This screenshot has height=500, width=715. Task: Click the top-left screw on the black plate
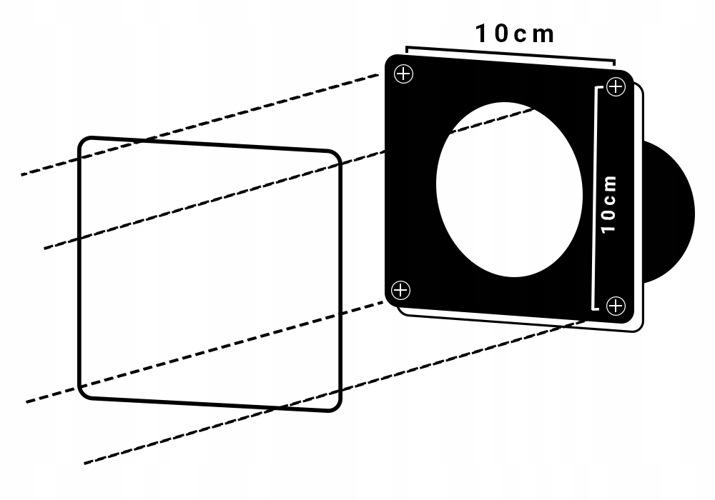tap(405, 74)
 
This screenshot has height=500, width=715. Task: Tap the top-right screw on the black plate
tap(615, 87)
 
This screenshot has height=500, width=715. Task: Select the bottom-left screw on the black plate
tap(402, 290)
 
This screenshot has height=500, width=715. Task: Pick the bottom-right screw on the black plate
tap(615, 306)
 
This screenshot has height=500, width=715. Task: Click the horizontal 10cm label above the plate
tap(515, 34)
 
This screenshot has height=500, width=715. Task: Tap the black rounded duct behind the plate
tap(672, 211)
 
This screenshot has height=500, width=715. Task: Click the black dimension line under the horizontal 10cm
tap(511, 55)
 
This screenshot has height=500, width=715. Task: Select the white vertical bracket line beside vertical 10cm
tap(595, 199)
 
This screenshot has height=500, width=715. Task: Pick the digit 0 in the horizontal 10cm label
tap(500, 34)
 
